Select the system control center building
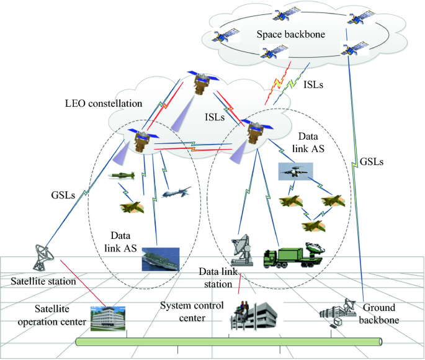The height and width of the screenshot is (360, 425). (x=251, y=317)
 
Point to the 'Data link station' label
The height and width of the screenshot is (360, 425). (x=220, y=277)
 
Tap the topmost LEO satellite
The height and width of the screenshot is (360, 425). (x=201, y=83)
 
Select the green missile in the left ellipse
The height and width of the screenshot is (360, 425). (x=122, y=176)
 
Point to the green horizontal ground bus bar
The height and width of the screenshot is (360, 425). (x=230, y=341)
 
